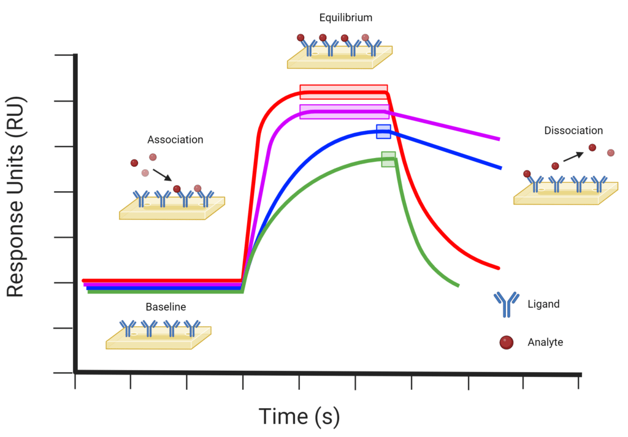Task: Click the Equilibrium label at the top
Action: [345, 18]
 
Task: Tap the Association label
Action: [175, 140]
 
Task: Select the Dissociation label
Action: [573, 131]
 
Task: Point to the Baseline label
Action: [166, 306]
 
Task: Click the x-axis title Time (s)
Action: [299, 416]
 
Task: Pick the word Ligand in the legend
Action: [543, 304]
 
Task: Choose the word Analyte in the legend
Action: [545, 343]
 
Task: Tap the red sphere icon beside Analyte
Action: [506, 343]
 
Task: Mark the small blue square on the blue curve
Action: [383, 131]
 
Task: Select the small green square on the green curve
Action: [388, 159]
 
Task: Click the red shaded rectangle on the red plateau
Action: [343, 92]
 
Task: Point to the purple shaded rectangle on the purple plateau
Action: [343, 112]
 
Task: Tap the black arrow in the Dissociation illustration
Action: [573, 156]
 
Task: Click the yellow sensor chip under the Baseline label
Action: [158, 338]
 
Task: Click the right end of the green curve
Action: [458, 285]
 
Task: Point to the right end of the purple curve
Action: [499, 139]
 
